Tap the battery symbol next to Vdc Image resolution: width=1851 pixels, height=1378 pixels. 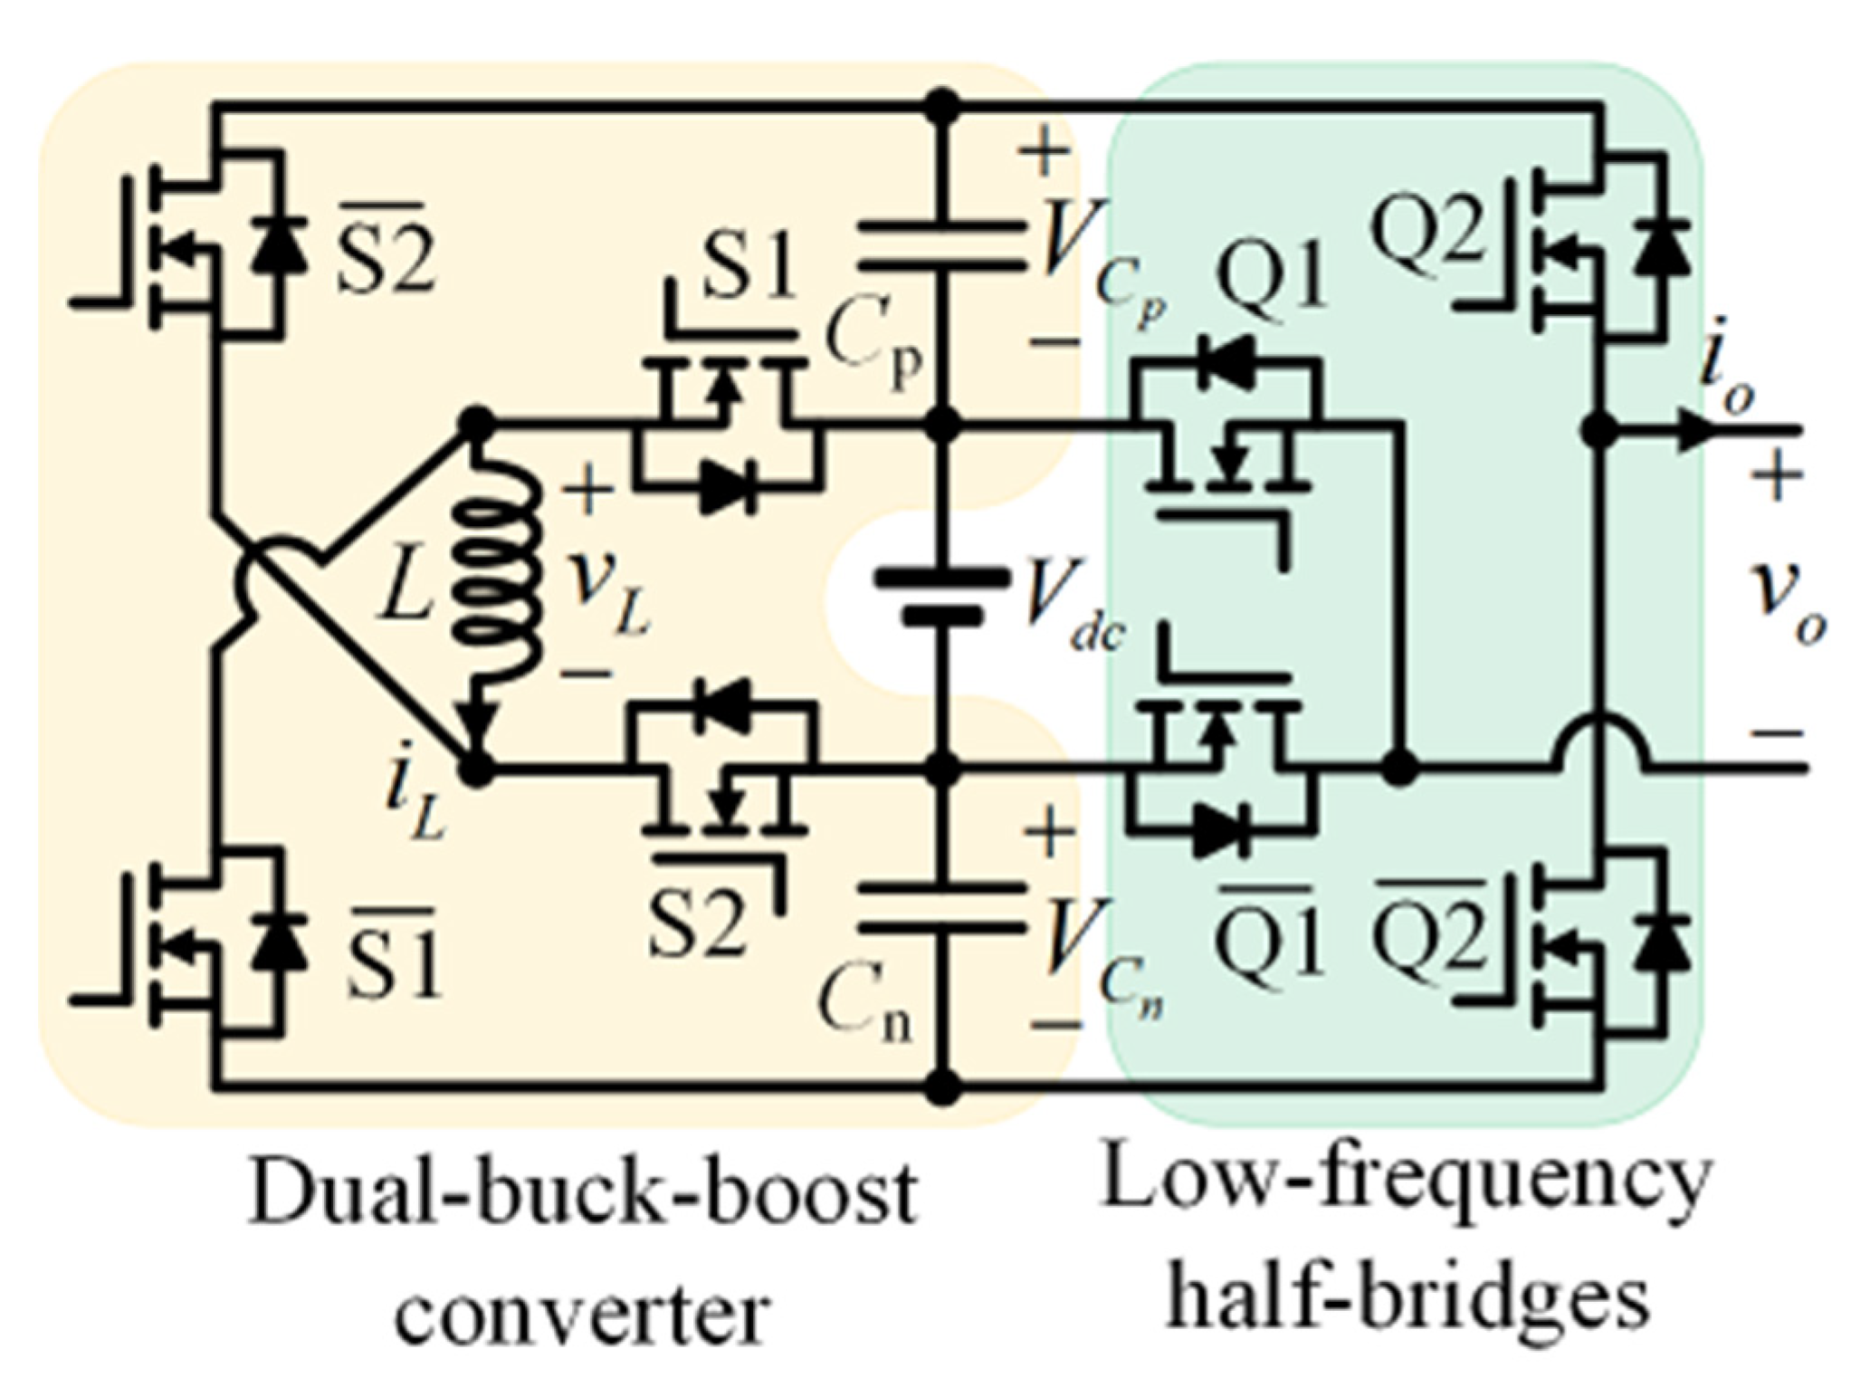coord(941,597)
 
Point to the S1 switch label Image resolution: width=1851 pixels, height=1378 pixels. coord(749,269)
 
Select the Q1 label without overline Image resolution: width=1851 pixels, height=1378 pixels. coord(1272,278)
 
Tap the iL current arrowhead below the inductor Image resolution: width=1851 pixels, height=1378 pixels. coord(478,724)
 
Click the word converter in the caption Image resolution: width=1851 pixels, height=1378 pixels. coord(584,1313)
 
